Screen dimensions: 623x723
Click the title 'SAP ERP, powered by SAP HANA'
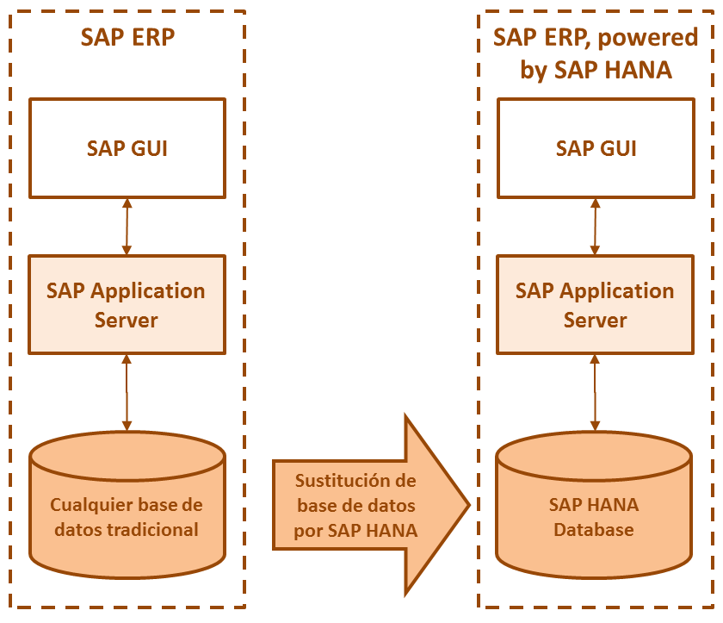pos(596,53)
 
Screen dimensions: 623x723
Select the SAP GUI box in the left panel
pos(127,147)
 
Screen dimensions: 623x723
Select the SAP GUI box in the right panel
pos(596,147)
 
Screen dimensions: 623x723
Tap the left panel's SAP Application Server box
pos(127,304)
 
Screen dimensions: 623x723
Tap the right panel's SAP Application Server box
pos(596,304)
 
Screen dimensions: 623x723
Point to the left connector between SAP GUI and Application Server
pos(127,226)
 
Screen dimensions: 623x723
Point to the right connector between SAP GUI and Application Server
pos(596,226)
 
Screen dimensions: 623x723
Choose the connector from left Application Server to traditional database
pos(127,392)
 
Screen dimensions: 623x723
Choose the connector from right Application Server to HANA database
pos(596,392)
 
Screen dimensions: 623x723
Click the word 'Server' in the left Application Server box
pos(127,320)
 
